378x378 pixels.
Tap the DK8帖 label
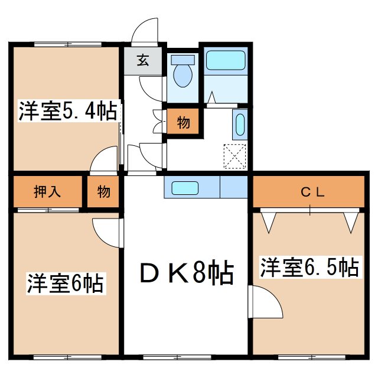[187, 273]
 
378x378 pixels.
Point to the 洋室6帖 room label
[65, 283]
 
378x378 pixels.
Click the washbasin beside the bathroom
[240, 125]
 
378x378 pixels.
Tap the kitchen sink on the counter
[184, 188]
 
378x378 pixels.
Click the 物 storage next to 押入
[104, 191]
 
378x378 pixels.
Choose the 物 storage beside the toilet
[183, 123]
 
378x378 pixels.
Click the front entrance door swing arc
[146, 30]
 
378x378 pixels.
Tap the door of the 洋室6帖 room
[106, 232]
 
